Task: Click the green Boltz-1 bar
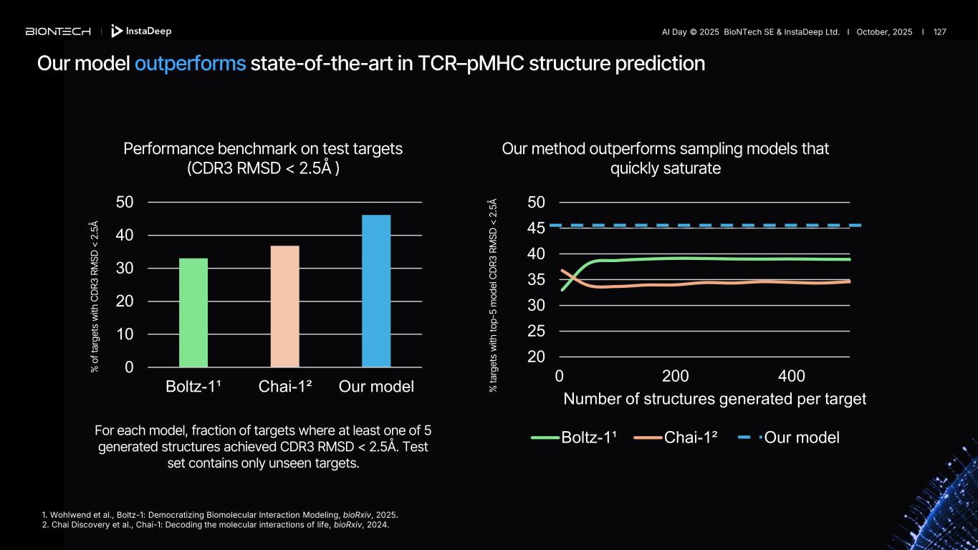pyautogui.click(x=193, y=312)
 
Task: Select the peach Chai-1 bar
pyautogui.click(x=284, y=306)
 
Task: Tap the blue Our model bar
pyautogui.click(x=376, y=291)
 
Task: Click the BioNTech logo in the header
pyautogui.click(x=58, y=32)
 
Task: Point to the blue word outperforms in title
pyautogui.click(x=190, y=64)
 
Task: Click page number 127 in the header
pyautogui.click(x=939, y=32)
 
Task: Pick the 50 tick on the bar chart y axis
pyautogui.click(x=125, y=203)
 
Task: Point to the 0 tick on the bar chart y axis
pyautogui.click(x=129, y=367)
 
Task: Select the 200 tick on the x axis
pyautogui.click(x=676, y=377)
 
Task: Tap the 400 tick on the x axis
pyautogui.click(x=792, y=377)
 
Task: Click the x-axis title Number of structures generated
pyautogui.click(x=714, y=399)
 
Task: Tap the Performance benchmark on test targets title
pyautogui.click(x=263, y=149)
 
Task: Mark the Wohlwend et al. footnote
pyautogui.click(x=220, y=515)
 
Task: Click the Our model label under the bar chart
pyautogui.click(x=376, y=387)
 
